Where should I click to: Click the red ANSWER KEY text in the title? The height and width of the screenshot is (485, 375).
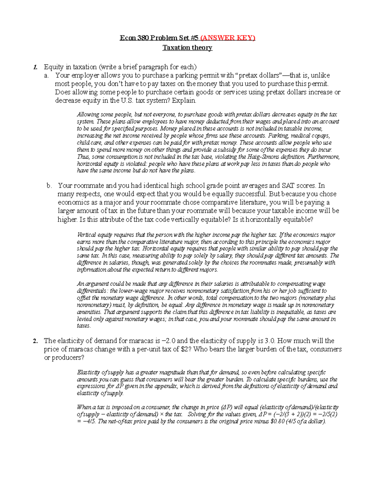[228, 38]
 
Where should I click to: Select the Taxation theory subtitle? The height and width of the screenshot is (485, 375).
[187, 48]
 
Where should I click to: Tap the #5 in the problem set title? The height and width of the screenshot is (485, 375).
[194, 38]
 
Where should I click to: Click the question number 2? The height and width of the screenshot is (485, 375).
[36, 341]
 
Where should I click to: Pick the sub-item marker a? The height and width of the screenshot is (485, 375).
[47, 76]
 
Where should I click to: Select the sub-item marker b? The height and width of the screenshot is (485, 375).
[49, 186]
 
